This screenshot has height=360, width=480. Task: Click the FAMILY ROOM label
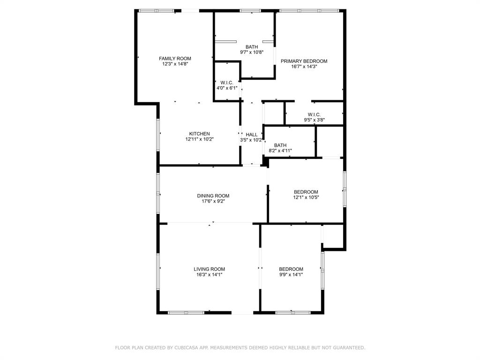click(175, 59)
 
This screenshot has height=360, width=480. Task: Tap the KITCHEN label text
click(199, 134)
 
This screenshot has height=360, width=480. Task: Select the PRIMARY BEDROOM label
click(304, 61)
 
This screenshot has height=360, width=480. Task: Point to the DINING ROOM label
click(213, 196)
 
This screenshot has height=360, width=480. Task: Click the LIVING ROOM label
click(210, 270)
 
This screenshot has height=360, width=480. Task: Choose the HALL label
click(252, 135)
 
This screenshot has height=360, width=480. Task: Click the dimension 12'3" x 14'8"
click(175, 64)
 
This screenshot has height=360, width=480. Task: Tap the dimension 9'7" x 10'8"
click(252, 52)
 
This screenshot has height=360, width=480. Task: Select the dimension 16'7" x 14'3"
click(304, 67)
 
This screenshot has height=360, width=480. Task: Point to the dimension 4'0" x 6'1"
click(227, 88)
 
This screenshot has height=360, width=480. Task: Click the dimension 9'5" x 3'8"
click(314, 120)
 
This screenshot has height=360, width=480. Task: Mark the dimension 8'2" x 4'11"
click(280, 150)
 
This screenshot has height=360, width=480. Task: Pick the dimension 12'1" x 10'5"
click(306, 197)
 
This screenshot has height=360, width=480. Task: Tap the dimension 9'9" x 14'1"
click(291, 275)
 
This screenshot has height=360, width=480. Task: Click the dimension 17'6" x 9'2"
click(213, 201)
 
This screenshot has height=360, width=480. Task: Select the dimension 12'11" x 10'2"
click(199, 139)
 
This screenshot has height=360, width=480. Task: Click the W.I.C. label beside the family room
click(227, 83)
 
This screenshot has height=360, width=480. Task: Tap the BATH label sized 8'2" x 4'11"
click(280, 145)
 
